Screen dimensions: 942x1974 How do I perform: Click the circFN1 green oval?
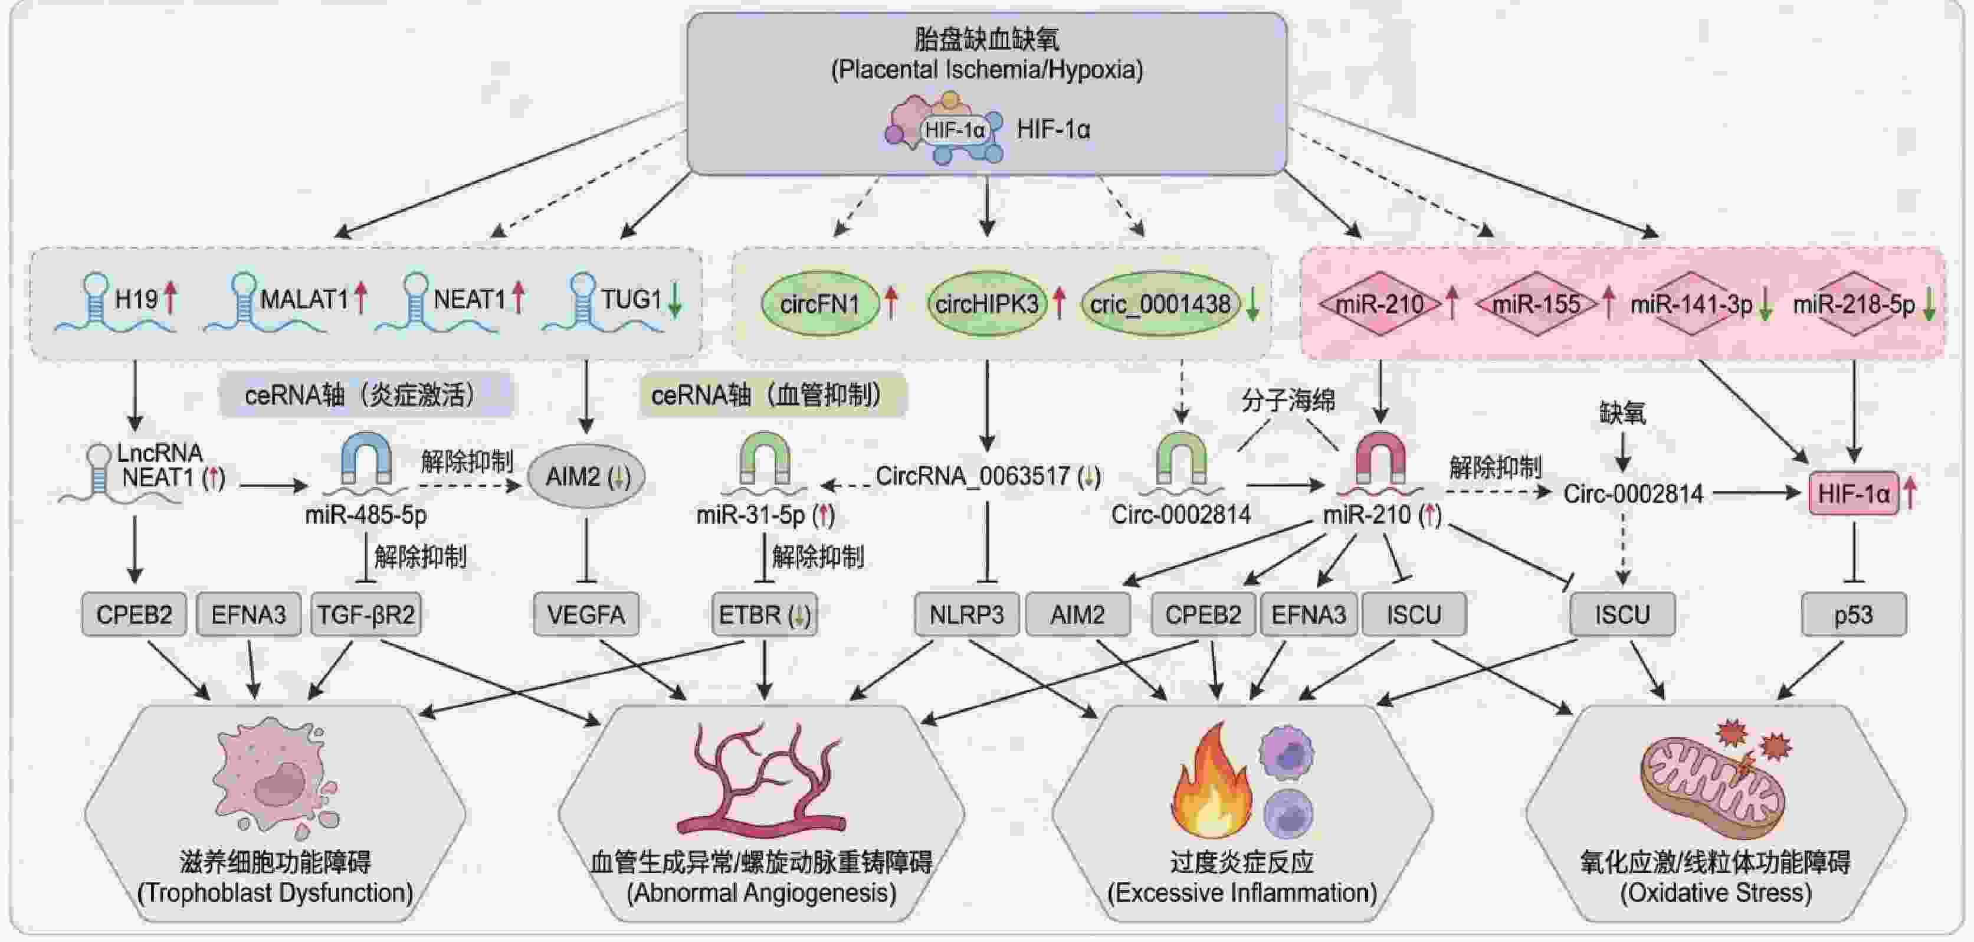click(x=819, y=305)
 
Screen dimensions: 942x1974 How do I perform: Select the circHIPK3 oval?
click(x=986, y=305)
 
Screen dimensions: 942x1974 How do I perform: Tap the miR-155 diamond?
click(x=1536, y=305)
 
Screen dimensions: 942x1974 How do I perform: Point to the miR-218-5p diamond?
click(x=1853, y=305)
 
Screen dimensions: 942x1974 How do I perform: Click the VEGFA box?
click(x=586, y=614)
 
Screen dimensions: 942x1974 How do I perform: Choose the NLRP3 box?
click(x=966, y=614)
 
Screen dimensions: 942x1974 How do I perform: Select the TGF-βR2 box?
click(x=366, y=614)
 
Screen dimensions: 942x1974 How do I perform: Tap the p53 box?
click(x=1853, y=614)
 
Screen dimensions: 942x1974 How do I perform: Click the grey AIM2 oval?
click(x=587, y=477)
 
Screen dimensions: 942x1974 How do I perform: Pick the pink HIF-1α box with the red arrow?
click(x=1853, y=493)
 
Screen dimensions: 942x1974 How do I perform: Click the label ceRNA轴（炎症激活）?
click(x=366, y=395)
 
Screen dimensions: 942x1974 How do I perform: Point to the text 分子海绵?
click(x=1287, y=400)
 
